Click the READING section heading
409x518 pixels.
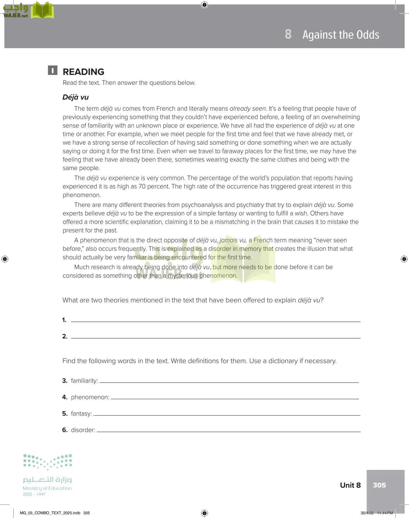tap(83, 72)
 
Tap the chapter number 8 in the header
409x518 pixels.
tap(288, 34)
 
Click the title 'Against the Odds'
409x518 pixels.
tap(341, 35)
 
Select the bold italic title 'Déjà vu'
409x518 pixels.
tap(75, 97)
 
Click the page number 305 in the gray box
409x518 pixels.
tap(379, 485)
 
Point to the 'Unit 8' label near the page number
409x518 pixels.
tap(350, 485)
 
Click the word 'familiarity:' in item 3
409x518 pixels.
tap(84, 381)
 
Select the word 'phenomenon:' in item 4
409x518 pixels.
tap(90, 397)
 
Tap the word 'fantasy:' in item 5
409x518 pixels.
tap(81, 414)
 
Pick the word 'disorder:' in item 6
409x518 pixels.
tap(83, 430)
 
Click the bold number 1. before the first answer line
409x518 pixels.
tap(64, 320)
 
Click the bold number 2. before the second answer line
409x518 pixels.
tap(65, 336)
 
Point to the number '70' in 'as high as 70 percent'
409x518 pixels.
tap(142, 186)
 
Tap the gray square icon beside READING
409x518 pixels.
tap(53, 70)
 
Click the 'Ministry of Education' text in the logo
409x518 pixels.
tap(47, 488)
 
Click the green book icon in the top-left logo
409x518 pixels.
tap(42, 11)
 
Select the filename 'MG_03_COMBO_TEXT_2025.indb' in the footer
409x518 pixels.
tap(50, 513)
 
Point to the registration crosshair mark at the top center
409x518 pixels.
tap(204, 5)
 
